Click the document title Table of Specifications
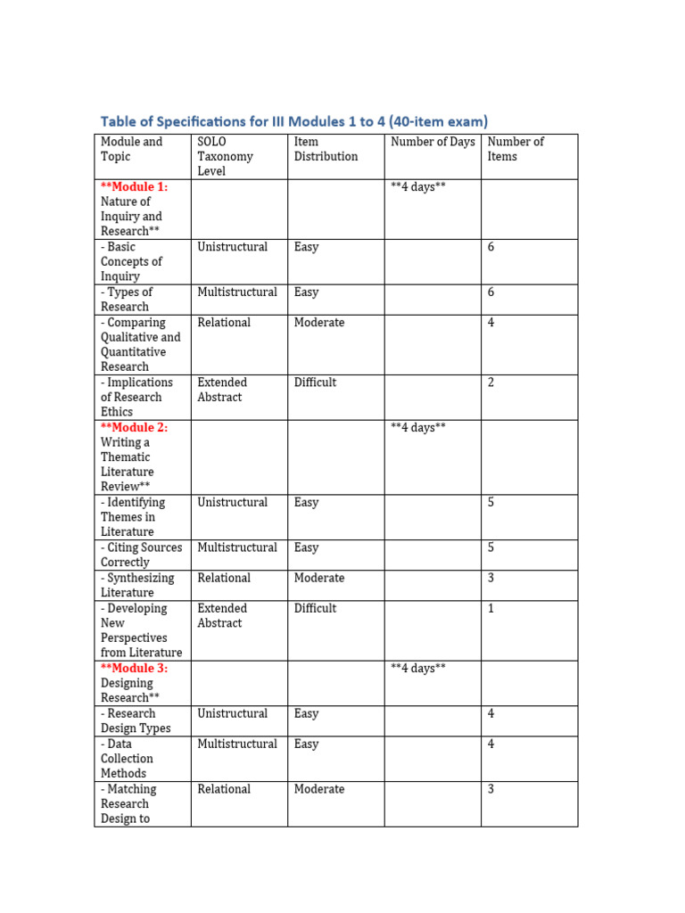tap(293, 121)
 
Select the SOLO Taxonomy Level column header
tap(225, 156)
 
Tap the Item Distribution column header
tap(326, 149)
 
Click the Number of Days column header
tap(433, 142)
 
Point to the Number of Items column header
tap(516, 149)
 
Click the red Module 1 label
tap(134, 186)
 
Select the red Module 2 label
tap(134, 427)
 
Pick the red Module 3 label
tap(134, 668)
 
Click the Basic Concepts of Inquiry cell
tap(131, 261)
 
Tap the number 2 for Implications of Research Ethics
tap(491, 382)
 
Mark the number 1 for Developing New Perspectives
tap(491, 608)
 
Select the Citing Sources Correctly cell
tap(141, 555)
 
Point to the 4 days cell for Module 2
tap(417, 427)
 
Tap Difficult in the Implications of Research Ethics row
tap(315, 382)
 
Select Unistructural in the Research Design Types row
tap(232, 713)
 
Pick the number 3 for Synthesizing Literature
tap(491, 578)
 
